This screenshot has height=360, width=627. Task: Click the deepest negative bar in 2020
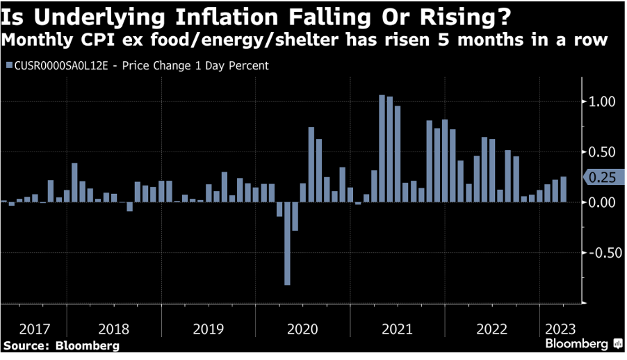(x=287, y=243)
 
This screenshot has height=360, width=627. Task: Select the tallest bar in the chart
(x=382, y=149)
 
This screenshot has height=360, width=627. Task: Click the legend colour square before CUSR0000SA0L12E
(x=9, y=66)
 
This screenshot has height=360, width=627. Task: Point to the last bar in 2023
(x=563, y=190)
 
